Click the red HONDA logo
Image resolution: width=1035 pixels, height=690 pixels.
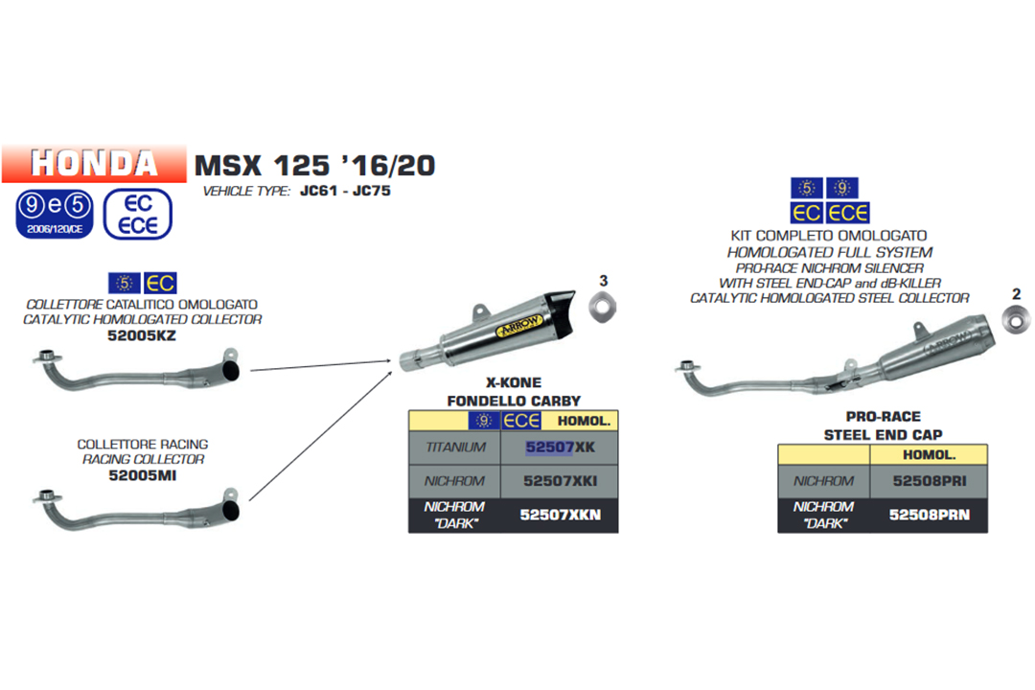[x=94, y=164]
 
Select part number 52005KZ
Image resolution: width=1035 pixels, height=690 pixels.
[x=142, y=335]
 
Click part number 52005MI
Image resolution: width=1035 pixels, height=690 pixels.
[x=142, y=474]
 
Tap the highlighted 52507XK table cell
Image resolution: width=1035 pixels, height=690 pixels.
[x=561, y=447]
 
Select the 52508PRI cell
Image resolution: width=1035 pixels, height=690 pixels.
[x=929, y=480]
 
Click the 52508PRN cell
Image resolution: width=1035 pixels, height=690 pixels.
[x=929, y=515]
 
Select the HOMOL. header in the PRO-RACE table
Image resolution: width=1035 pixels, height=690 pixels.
[x=929, y=455]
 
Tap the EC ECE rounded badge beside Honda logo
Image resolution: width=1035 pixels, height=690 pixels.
[x=137, y=213]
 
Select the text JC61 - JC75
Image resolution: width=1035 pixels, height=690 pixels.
[x=344, y=192]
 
